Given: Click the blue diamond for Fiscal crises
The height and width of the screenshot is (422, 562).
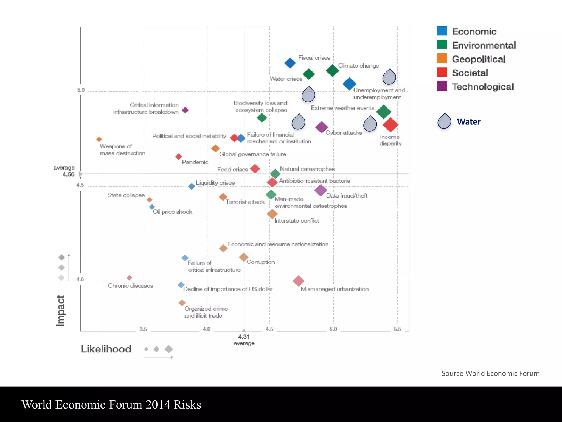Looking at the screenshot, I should pos(290,63).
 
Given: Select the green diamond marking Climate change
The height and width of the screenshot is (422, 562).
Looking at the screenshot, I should pos(332,70).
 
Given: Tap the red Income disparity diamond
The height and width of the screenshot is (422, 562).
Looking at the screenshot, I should pos(390,125).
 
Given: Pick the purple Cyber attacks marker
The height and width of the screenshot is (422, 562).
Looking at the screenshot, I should pos(321,127).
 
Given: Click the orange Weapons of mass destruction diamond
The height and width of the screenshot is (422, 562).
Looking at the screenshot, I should pos(99,139).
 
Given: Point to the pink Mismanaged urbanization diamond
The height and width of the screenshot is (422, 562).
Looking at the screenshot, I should pos(298,281).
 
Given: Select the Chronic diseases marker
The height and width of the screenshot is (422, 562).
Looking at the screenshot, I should pos(129,278).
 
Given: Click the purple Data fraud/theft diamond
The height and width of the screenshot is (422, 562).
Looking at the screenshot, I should pos(321,190).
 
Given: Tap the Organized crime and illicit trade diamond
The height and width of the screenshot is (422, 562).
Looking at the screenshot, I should pos(182,303).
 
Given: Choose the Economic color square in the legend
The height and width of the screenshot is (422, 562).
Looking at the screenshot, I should pos(442,31).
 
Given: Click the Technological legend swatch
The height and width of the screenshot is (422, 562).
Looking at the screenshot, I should pos(442,86).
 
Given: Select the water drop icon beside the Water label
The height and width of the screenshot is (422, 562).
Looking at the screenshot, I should pos(444,121).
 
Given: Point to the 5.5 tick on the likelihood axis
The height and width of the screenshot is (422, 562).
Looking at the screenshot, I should pos(397,329).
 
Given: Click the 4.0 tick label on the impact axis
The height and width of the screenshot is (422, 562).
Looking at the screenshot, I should pos(80,279).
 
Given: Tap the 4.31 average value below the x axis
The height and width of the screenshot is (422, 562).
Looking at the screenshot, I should pos(244,337).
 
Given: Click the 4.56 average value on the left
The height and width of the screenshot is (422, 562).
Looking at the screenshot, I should pos(68,174).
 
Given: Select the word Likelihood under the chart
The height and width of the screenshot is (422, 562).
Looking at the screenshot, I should pos(106,349).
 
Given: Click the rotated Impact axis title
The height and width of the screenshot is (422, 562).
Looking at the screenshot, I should pos(60,311).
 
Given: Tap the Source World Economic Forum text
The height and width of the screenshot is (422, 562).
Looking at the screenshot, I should pos(490,373).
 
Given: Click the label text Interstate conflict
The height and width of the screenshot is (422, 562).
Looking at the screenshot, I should pos(297,221).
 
